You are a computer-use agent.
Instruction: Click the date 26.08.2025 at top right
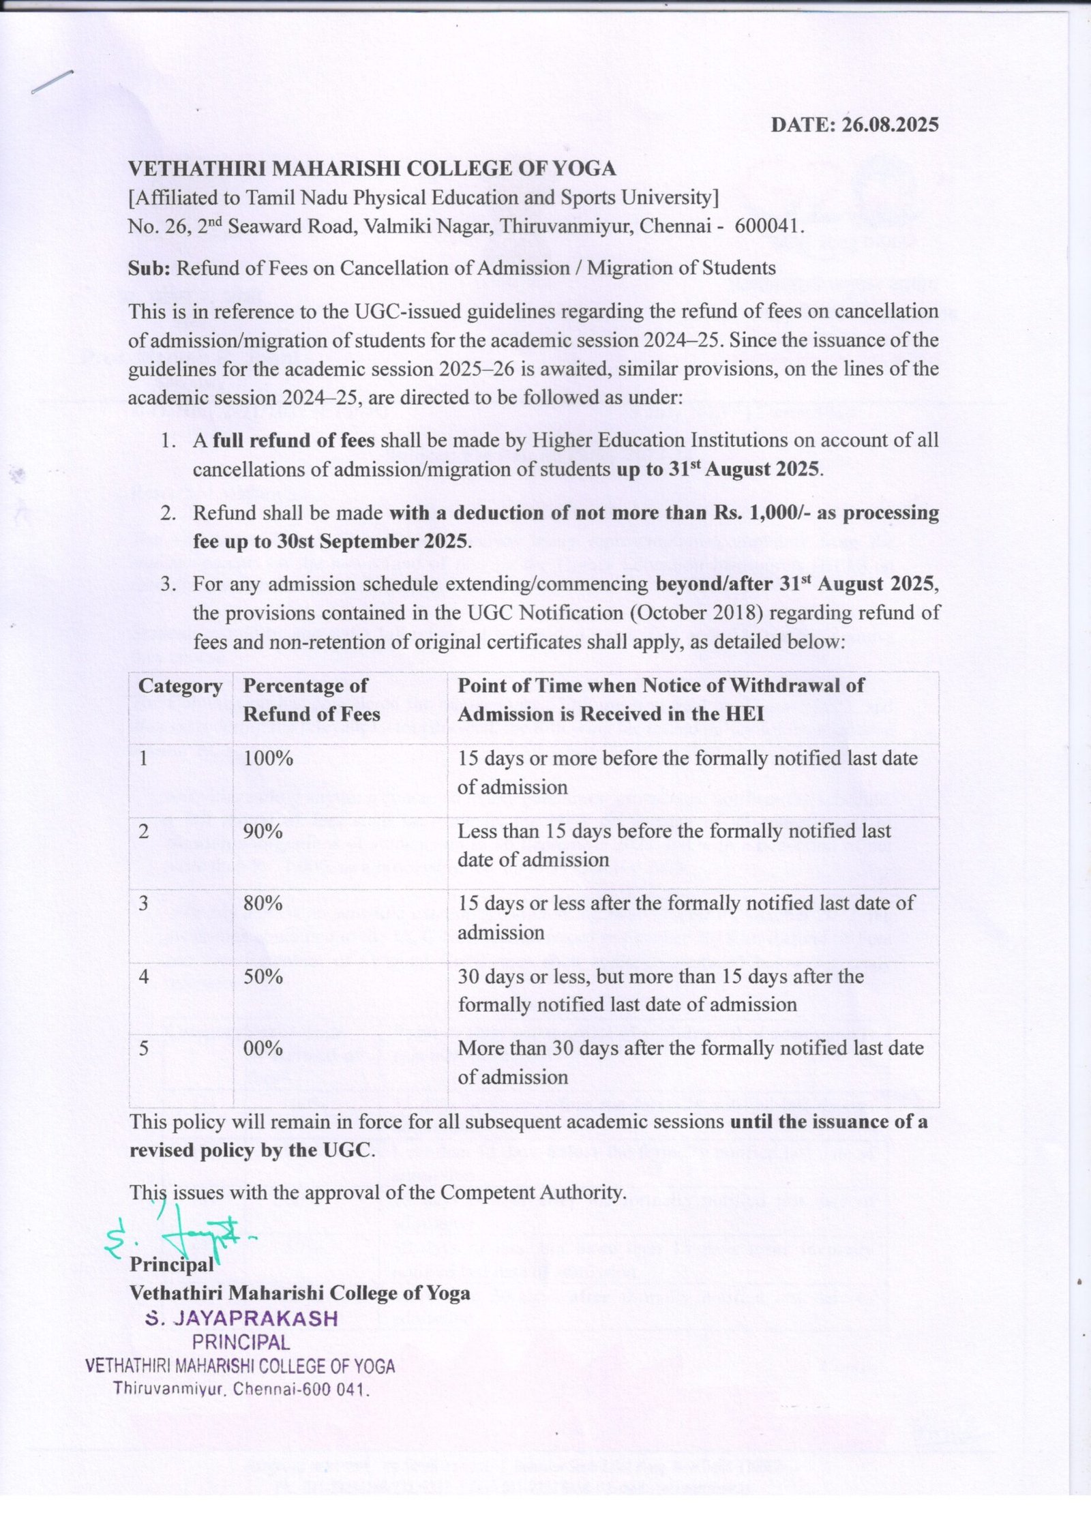coord(890,125)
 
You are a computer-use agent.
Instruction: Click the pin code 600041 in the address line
coord(768,226)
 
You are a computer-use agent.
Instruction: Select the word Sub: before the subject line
coord(150,268)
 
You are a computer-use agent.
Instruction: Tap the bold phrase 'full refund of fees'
coord(293,440)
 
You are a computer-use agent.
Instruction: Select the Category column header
coord(180,686)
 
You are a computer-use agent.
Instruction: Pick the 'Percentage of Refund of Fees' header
coord(311,700)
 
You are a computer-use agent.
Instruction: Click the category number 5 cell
coord(144,1048)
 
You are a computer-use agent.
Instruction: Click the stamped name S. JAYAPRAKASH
coord(242,1319)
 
